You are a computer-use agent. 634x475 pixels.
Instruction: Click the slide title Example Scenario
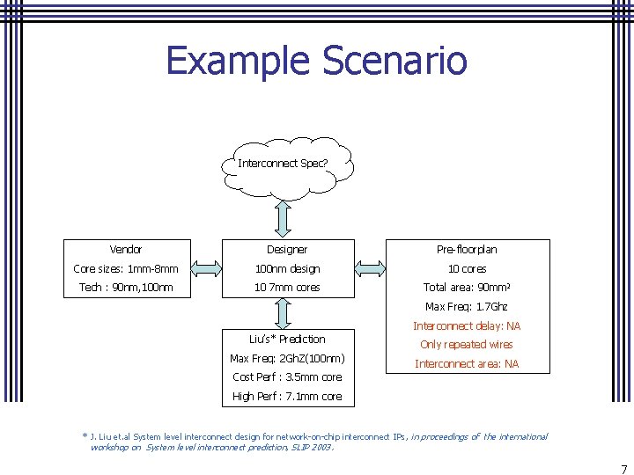click(316, 62)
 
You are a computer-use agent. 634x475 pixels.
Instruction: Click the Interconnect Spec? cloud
click(284, 164)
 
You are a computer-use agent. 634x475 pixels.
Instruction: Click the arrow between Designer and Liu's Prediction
click(284, 311)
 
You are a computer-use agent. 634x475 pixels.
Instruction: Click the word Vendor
click(126, 250)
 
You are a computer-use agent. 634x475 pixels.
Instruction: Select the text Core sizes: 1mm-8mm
click(126, 269)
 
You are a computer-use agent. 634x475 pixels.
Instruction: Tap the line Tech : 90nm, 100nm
click(126, 288)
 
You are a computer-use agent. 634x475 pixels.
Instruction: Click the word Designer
click(287, 250)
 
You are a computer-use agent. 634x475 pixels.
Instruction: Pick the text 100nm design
click(287, 269)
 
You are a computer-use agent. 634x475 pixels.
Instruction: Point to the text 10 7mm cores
click(287, 288)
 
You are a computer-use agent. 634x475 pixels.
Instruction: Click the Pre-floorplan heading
click(467, 250)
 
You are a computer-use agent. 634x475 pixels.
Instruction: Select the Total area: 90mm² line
click(467, 288)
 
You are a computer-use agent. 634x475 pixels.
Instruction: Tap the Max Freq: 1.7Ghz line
click(467, 307)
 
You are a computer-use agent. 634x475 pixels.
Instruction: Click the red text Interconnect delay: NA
click(467, 326)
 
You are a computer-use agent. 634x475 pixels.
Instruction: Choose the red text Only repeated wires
click(467, 345)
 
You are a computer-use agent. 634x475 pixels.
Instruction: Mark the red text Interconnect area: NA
click(467, 364)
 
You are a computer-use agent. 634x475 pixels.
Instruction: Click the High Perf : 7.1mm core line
click(287, 397)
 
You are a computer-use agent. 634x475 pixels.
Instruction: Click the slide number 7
click(623, 470)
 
